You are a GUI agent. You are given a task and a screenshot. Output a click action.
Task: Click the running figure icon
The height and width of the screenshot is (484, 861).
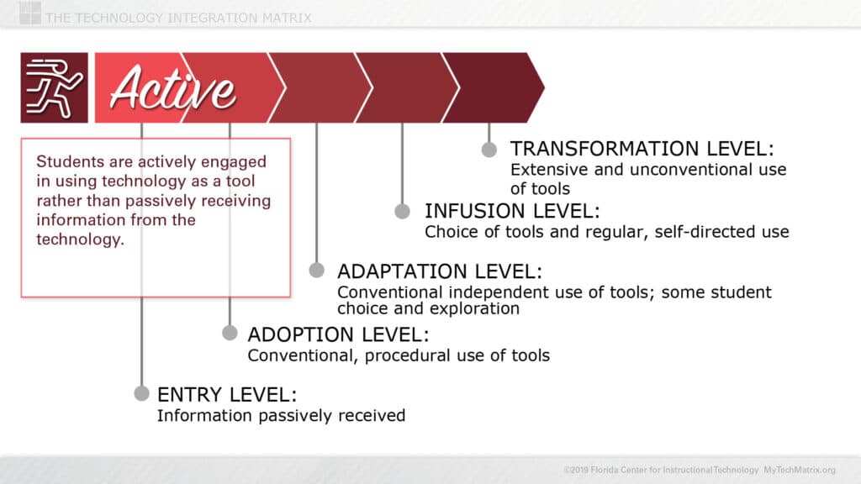54,87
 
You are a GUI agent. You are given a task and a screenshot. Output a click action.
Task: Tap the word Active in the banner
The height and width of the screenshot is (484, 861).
172,88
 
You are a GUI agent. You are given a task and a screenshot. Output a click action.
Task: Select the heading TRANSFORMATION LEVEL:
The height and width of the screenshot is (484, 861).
642,149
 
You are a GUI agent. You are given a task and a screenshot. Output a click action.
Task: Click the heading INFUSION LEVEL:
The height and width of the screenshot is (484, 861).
512,211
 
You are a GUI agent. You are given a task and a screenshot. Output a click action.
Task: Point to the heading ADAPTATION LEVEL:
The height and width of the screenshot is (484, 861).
439,271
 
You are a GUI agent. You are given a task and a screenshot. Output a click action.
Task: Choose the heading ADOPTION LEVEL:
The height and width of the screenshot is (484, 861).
338,334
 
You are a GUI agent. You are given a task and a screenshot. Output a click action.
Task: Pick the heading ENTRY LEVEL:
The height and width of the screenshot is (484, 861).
227,395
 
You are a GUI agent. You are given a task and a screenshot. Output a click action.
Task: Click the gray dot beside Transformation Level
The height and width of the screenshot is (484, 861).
489,150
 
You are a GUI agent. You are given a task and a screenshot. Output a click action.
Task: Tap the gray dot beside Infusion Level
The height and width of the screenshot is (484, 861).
403,211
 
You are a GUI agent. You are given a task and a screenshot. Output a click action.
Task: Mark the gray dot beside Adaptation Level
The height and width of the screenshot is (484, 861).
316,270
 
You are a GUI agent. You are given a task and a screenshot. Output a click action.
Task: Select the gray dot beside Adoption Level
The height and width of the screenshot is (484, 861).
230,333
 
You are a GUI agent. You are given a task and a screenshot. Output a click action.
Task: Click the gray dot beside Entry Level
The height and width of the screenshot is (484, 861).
141,393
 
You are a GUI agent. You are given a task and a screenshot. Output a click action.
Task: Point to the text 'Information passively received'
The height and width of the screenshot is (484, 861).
281,416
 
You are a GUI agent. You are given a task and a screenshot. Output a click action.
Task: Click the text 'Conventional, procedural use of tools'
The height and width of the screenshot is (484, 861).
399,355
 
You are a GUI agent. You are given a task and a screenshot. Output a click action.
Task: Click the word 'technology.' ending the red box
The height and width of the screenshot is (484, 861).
80,239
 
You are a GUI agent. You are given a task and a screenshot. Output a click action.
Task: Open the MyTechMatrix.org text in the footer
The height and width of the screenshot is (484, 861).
800,471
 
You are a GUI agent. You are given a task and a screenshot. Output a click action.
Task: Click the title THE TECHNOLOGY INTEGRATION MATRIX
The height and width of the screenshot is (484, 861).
178,18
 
